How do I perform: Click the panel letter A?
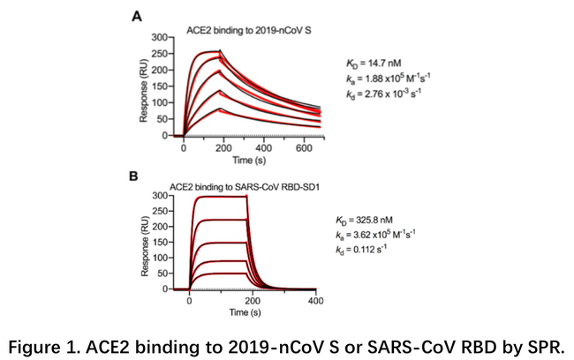137,16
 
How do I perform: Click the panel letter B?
134,176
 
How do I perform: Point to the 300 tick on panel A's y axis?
159,38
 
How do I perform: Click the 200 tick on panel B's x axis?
253,302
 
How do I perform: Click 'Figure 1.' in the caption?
55,341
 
